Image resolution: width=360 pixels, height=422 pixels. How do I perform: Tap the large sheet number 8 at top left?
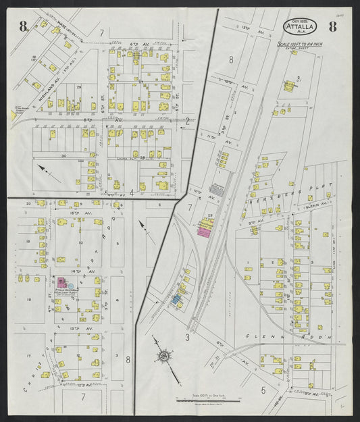tap(23, 27)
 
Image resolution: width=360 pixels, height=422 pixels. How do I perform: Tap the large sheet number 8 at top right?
tap(332, 27)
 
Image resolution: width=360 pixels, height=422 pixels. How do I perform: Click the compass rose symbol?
tap(164, 355)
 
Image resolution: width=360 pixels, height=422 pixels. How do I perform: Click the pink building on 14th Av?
tap(61, 282)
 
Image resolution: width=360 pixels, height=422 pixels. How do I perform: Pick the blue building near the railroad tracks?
tap(177, 298)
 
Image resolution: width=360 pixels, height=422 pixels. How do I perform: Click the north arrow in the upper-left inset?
tap(47, 169)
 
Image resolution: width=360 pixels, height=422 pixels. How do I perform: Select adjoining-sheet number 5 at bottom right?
tap(263, 390)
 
